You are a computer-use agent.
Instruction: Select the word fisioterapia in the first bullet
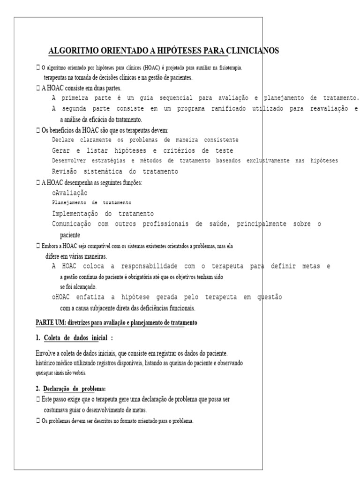(x=228, y=68)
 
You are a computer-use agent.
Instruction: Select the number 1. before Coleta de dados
(x=38, y=338)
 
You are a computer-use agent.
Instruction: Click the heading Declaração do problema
(x=75, y=389)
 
